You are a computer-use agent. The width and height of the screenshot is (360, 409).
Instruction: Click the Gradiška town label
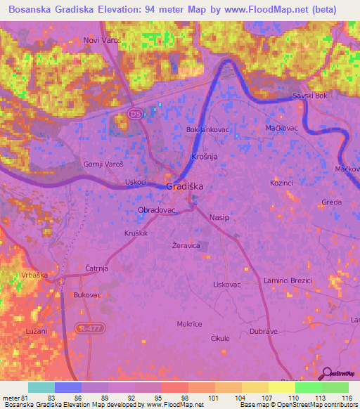pyautogui.click(x=185, y=186)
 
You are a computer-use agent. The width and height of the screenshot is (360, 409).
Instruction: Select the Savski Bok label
pyautogui.click(x=310, y=96)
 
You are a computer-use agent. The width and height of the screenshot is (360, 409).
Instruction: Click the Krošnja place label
pyautogui.click(x=204, y=156)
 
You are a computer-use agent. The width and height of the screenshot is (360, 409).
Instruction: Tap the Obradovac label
pyautogui.click(x=156, y=210)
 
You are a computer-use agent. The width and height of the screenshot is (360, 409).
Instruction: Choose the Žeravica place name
pyautogui.click(x=186, y=246)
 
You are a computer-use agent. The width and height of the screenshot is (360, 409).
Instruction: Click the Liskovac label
pyautogui.click(x=227, y=285)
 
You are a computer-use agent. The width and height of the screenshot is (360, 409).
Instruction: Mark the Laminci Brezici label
pyautogui.click(x=288, y=280)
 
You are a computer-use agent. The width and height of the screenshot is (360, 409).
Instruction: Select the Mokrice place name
pyautogui.click(x=189, y=324)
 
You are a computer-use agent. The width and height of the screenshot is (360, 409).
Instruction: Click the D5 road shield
pyautogui.click(x=135, y=113)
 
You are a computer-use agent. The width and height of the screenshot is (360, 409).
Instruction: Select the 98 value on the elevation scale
pyautogui.click(x=174, y=398)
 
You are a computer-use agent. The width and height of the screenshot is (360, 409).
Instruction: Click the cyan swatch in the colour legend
pyautogui.click(x=41, y=387)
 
